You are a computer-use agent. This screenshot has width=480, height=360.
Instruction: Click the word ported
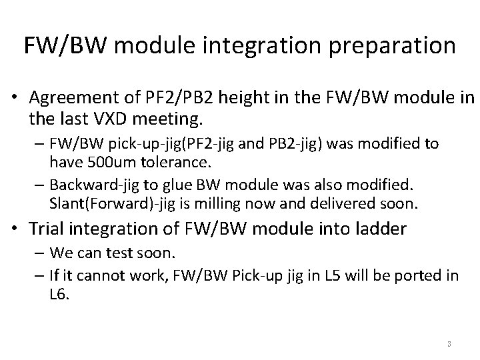click(414, 275)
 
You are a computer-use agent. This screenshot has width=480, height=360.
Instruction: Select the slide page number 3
click(449, 344)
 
